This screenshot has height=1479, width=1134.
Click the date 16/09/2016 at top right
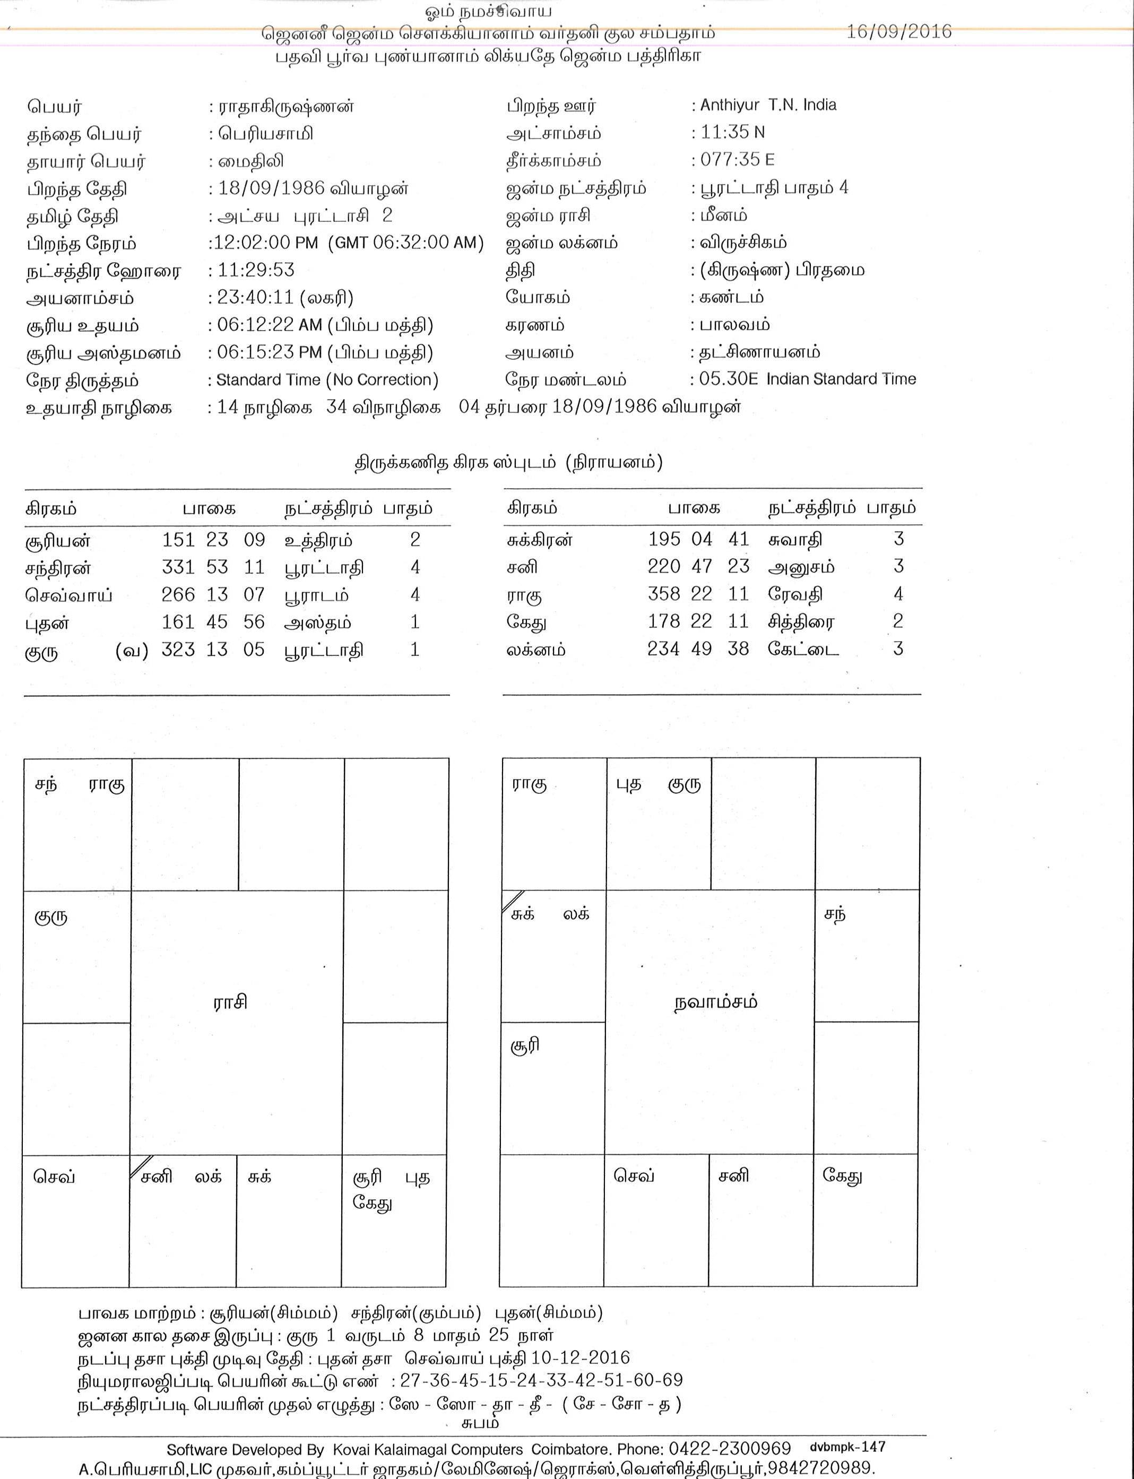click(898, 32)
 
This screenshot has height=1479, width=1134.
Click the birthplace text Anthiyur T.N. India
click(768, 105)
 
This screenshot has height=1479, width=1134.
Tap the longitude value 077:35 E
click(737, 159)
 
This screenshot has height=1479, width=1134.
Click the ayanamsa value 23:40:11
click(256, 298)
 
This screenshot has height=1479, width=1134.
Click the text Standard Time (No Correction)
click(327, 380)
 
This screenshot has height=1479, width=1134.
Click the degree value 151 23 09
click(213, 540)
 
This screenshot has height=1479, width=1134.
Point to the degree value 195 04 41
click(699, 539)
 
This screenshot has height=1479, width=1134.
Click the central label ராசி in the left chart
click(230, 1002)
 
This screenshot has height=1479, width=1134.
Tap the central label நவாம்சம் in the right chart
click(715, 1002)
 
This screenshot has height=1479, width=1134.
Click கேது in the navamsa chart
click(842, 1176)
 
